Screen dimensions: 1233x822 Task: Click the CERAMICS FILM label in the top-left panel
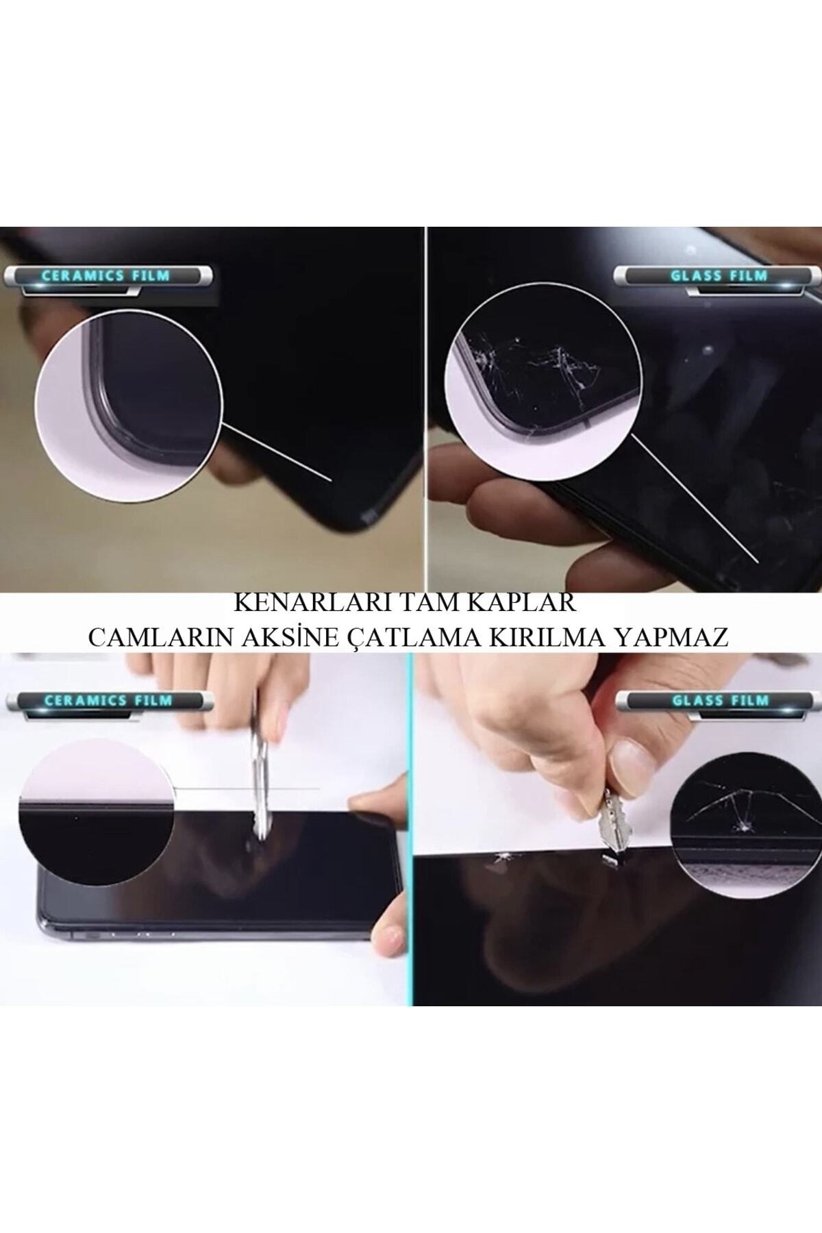point(105,277)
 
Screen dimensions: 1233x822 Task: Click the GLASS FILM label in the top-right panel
point(719,277)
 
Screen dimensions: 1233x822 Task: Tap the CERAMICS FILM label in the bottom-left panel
point(108,701)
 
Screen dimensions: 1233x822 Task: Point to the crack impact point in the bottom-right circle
point(740,830)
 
